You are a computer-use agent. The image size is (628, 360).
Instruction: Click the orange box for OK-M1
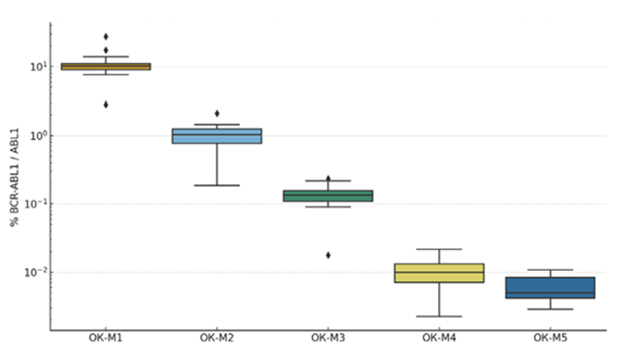106,67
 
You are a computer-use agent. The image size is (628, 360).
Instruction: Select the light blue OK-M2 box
216,135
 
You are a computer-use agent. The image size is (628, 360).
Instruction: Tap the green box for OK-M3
328,196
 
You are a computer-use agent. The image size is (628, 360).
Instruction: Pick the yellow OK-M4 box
439,272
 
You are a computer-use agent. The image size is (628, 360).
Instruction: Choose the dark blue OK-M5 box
550,287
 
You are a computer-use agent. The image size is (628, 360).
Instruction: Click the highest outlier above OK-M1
106,36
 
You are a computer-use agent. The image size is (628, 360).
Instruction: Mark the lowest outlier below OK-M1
106,104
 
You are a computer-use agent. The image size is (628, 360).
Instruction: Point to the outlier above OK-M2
216,113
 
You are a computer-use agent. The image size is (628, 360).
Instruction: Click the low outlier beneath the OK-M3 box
328,254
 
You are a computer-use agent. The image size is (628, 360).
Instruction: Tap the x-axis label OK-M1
106,338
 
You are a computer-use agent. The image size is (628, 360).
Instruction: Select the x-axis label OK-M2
216,338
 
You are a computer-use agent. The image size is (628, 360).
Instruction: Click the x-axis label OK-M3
328,338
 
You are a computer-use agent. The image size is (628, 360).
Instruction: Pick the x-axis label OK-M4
439,338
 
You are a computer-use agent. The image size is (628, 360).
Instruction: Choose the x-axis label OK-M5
550,338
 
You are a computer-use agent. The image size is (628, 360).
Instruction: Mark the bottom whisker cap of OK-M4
439,317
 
